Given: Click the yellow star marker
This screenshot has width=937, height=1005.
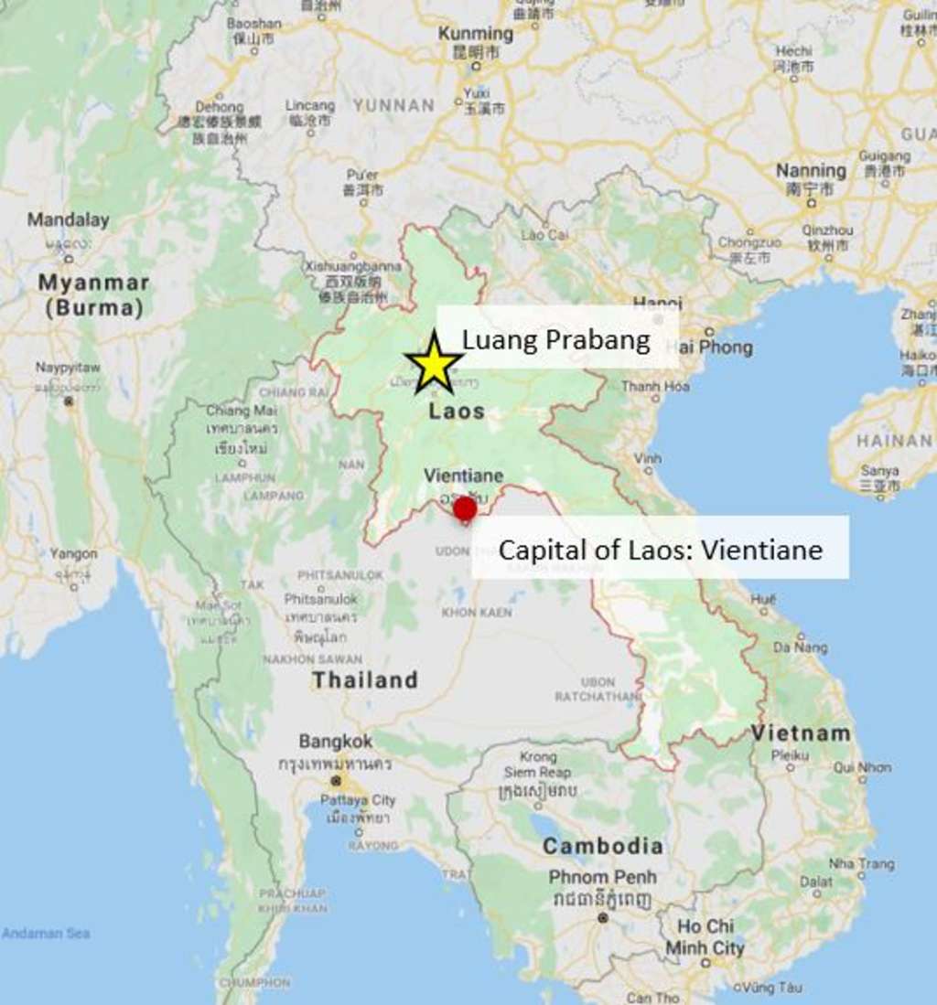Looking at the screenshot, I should [434, 364].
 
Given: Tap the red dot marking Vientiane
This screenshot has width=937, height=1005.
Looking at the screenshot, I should [465, 509].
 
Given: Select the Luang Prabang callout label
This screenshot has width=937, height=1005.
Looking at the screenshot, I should [556, 339].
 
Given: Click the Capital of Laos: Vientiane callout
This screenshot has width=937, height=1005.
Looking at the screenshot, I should [660, 550].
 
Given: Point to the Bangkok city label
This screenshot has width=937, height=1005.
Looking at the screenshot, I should [336, 741].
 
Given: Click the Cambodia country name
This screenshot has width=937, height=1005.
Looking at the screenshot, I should [602, 846].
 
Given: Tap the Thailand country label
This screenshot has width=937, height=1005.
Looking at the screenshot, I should [364, 680].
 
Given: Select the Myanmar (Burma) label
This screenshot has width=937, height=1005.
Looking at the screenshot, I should [93, 294].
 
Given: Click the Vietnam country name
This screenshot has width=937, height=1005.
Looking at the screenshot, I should [802, 732].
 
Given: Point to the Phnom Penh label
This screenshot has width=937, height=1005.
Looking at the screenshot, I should [602, 877].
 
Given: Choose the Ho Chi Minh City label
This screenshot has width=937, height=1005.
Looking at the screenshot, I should [705, 936].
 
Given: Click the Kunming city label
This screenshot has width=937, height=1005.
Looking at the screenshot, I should [476, 33].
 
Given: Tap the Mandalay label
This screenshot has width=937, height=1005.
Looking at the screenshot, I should [68, 219].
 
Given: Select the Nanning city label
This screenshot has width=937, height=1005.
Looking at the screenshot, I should [811, 170].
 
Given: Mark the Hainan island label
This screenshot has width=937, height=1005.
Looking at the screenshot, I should [894, 441].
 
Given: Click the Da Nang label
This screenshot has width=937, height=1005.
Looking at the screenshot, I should [801, 647].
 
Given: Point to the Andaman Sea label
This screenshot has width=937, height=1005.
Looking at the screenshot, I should [46, 934].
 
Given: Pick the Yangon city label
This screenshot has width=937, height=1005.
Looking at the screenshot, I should [73, 553].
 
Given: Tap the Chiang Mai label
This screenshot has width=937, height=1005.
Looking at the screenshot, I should [241, 411].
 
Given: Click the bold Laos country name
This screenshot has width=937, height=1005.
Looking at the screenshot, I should [457, 412].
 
